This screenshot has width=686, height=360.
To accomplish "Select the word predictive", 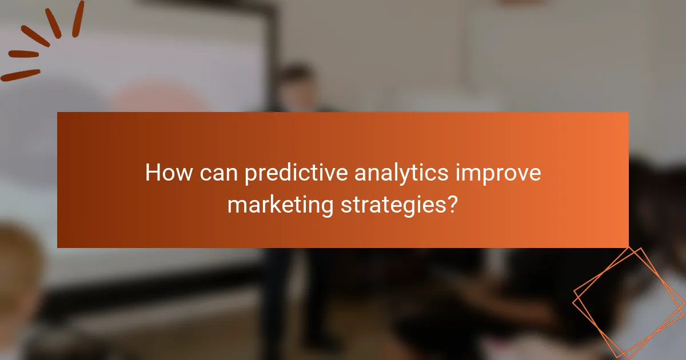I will point(295,173).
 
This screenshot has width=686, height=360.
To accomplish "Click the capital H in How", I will point(153,173).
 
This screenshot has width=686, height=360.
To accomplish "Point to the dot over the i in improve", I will point(458,165).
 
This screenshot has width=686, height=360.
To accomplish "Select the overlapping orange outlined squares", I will point(629,300).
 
